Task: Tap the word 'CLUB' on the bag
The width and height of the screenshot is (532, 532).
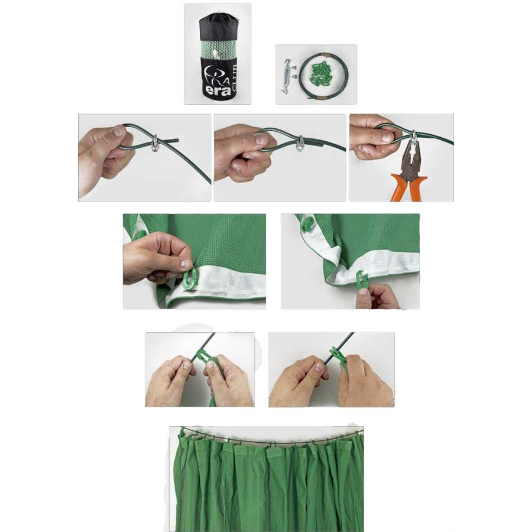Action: [234, 79]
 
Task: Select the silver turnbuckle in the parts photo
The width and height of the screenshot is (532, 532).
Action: [286, 76]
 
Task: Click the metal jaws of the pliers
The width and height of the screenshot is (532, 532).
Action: [411, 156]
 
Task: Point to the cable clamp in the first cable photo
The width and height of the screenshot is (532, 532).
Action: [155, 142]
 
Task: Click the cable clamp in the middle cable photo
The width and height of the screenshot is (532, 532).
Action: [300, 144]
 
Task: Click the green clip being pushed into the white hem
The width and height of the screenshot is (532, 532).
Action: [189, 278]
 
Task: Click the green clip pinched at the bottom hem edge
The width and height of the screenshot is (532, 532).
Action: [361, 280]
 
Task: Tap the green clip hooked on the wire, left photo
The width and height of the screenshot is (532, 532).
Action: [202, 356]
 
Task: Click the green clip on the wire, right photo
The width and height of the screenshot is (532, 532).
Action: [336, 354]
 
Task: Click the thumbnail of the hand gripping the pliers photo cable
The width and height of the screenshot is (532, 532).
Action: [387, 137]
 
